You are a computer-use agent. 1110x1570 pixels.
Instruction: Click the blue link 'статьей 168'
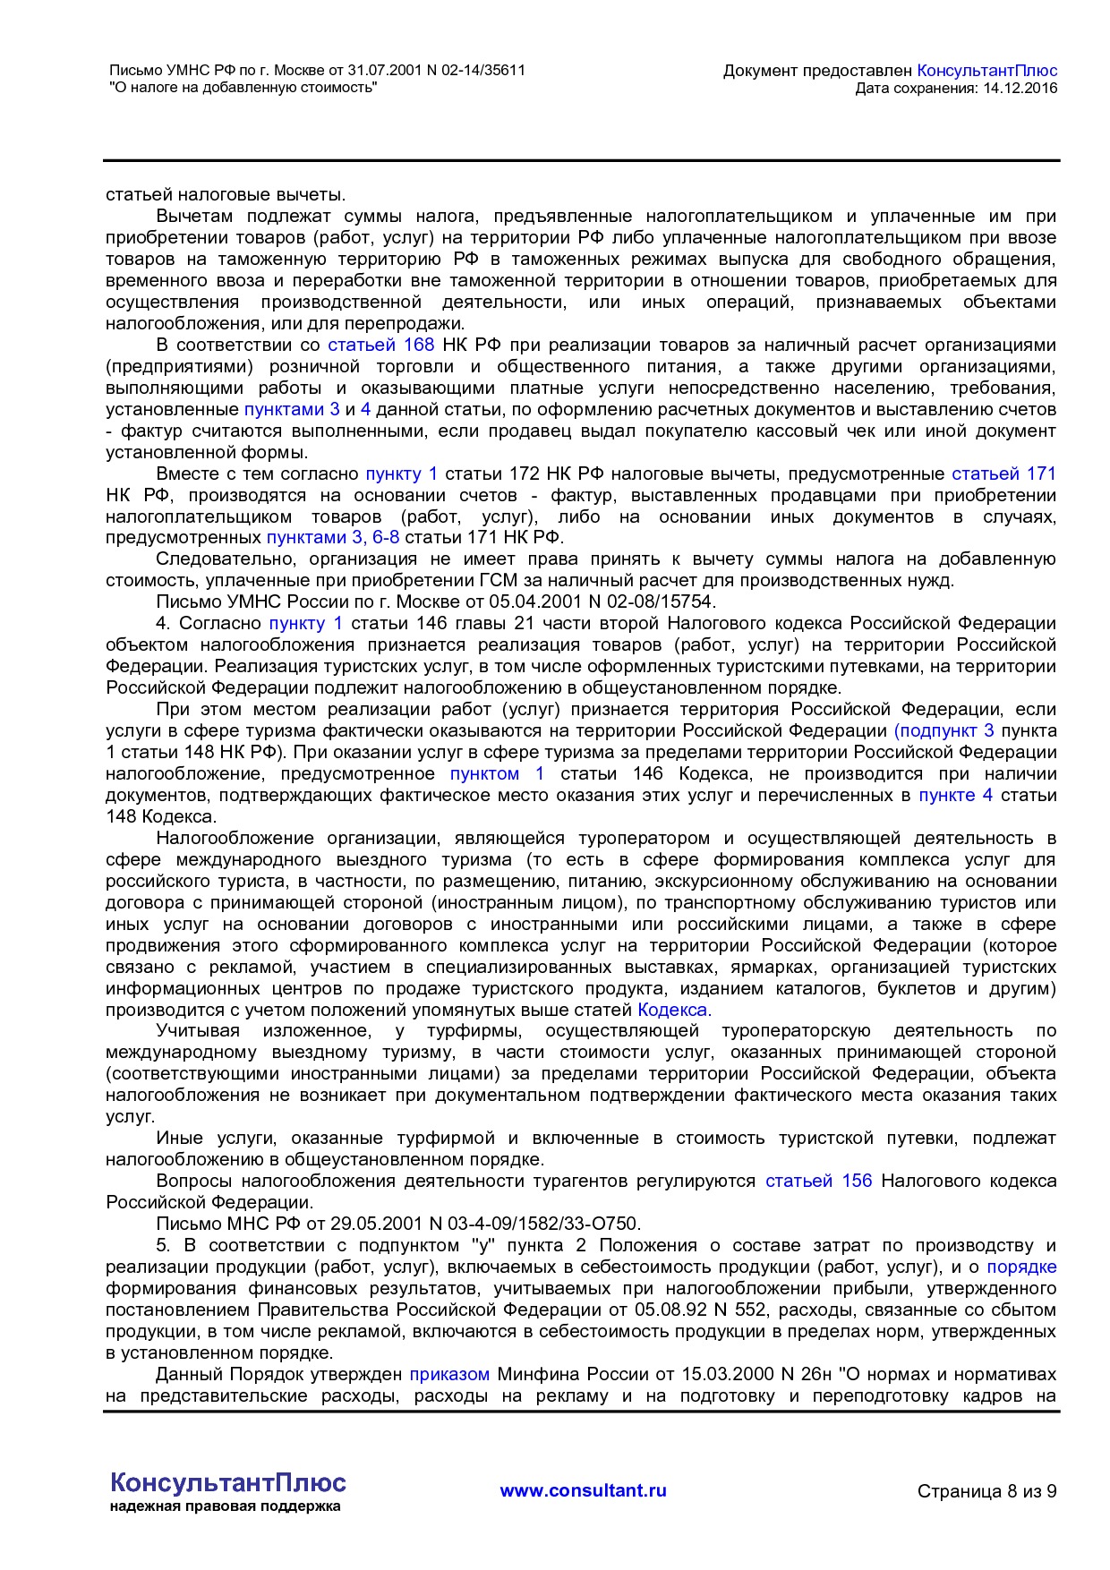380,345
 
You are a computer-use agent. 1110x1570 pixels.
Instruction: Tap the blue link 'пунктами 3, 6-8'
333,537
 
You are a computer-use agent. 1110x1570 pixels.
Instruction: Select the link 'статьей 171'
1003,474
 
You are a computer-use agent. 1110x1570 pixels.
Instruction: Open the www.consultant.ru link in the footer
583,1490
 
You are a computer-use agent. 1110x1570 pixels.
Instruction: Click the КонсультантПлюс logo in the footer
227,1482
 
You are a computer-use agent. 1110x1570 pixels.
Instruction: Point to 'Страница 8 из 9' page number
986,1491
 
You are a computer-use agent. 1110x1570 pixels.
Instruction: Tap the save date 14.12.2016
1020,88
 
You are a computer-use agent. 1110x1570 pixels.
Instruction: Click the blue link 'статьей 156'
818,1181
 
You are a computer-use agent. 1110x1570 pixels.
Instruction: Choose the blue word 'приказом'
449,1374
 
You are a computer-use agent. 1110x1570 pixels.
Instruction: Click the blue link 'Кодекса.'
674,1010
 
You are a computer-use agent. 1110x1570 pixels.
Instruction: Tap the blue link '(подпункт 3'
943,730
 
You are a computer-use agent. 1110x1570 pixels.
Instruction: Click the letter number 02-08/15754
656,602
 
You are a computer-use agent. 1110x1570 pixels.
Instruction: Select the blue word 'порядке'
1021,1267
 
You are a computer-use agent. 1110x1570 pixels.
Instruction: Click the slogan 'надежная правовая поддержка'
226,1506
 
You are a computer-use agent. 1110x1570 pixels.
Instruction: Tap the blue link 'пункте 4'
955,795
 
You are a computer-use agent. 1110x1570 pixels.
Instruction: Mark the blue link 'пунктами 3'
292,409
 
